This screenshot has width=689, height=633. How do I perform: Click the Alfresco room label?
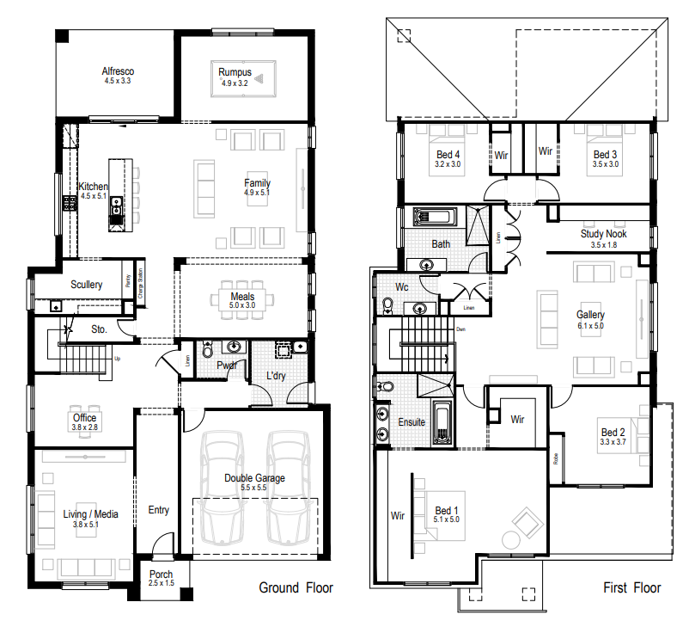pyautogui.click(x=118, y=71)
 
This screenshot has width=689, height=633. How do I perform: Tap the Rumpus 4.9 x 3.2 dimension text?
pyautogui.click(x=234, y=83)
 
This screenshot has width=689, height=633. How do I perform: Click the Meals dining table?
pyautogui.click(x=242, y=298)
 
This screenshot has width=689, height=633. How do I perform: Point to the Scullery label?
pyautogui.click(x=87, y=285)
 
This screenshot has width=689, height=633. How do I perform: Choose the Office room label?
pyautogui.click(x=85, y=418)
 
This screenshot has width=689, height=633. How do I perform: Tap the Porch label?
pyautogui.click(x=161, y=575)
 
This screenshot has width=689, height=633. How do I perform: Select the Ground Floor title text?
pyautogui.click(x=296, y=588)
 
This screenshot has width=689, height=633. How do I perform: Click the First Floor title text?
pyautogui.click(x=631, y=588)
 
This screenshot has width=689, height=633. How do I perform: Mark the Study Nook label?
pyautogui.click(x=603, y=234)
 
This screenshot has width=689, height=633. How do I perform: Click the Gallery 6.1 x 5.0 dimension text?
pyautogui.click(x=590, y=326)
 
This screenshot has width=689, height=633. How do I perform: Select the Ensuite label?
pyautogui.click(x=412, y=422)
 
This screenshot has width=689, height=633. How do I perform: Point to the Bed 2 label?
pyautogui.click(x=613, y=433)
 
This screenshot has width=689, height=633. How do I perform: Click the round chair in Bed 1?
pyautogui.click(x=513, y=539)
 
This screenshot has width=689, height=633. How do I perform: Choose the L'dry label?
pyautogui.click(x=276, y=377)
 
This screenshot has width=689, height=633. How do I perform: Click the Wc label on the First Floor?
pyautogui.click(x=401, y=286)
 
